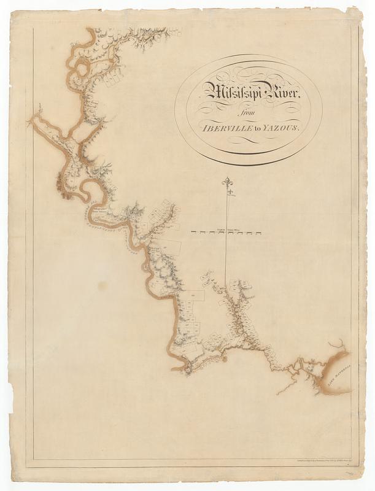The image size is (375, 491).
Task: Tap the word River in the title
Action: pyautogui.click(x=280, y=93)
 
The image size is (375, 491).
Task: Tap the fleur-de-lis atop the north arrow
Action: pyautogui.click(x=228, y=182)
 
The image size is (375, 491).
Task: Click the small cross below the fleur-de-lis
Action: pyautogui.click(x=230, y=193)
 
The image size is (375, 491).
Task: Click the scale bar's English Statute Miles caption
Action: pyautogui.click(x=226, y=228)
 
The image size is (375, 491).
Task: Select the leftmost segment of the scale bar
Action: pyautogui.click(x=196, y=233)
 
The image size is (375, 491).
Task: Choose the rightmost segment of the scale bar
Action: pyautogui.click(x=258, y=233)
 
